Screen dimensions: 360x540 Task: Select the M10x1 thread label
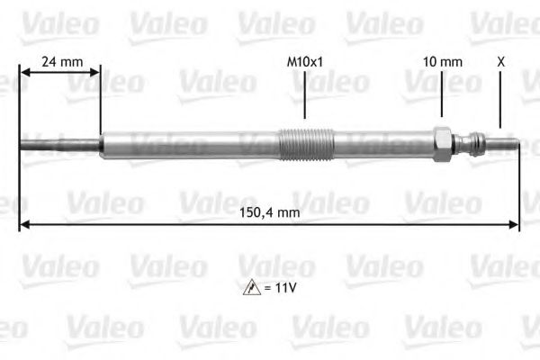[305, 62]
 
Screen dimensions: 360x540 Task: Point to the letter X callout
[500, 62]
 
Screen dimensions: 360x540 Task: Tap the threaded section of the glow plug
[306, 144]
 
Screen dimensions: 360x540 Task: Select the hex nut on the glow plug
[442, 144]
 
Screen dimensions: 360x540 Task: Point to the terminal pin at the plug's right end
[505, 143]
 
